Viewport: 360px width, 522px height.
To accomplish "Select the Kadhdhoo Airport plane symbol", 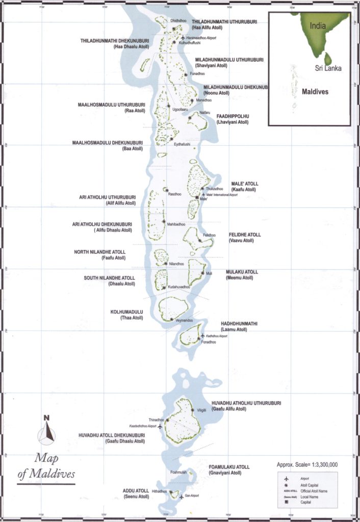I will pos(203,335).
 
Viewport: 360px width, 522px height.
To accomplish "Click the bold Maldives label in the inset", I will pos(314,92).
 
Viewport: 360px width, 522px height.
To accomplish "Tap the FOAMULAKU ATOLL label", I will pos(229,467).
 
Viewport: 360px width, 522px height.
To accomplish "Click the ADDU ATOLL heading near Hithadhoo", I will pos(136,490).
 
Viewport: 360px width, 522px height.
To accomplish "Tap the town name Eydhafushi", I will pos(182,144).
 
